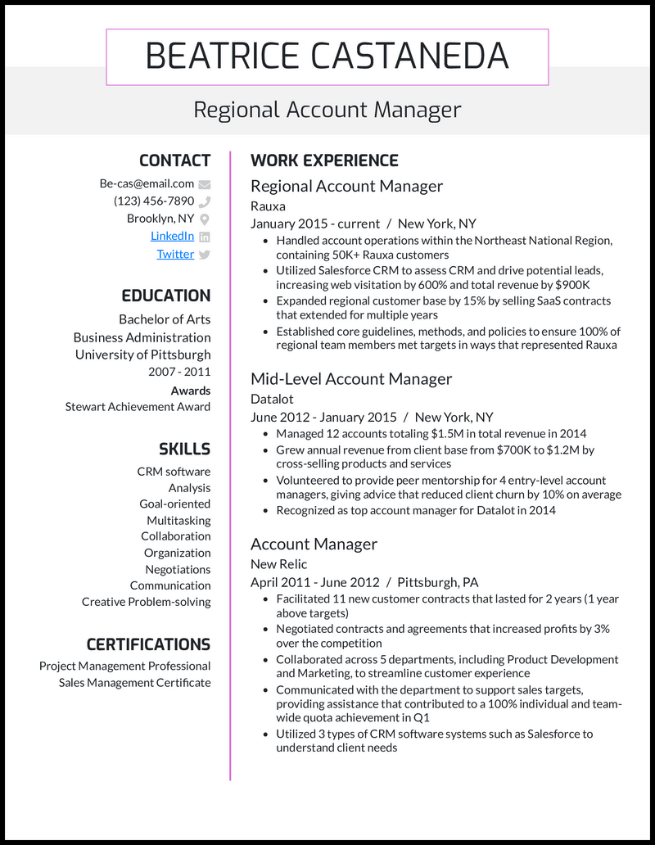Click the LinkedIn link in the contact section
(172, 236)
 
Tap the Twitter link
(175, 254)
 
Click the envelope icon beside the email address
(205, 184)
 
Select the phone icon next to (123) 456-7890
(205, 201)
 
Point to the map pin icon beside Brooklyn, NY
(205, 219)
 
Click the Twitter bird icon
(205, 255)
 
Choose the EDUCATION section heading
(166, 296)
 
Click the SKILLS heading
(184, 449)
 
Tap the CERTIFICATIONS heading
(148, 644)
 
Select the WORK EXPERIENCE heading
(324, 160)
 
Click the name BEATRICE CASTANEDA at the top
(327, 56)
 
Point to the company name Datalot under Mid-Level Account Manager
(272, 399)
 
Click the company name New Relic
(279, 564)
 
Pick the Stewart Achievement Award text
(138, 407)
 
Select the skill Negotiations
(178, 569)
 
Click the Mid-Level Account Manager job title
(351, 379)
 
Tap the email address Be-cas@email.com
(147, 184)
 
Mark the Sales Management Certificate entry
(134, 683)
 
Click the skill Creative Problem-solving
(146, 602)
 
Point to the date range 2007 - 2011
(179, 372)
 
